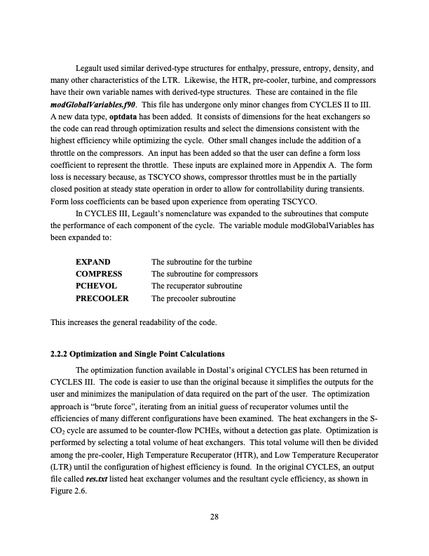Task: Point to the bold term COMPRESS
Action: [99, 274]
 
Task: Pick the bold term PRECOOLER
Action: [102, 298]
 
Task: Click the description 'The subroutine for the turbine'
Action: [201, 262]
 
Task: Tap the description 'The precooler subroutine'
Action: [193, 298]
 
